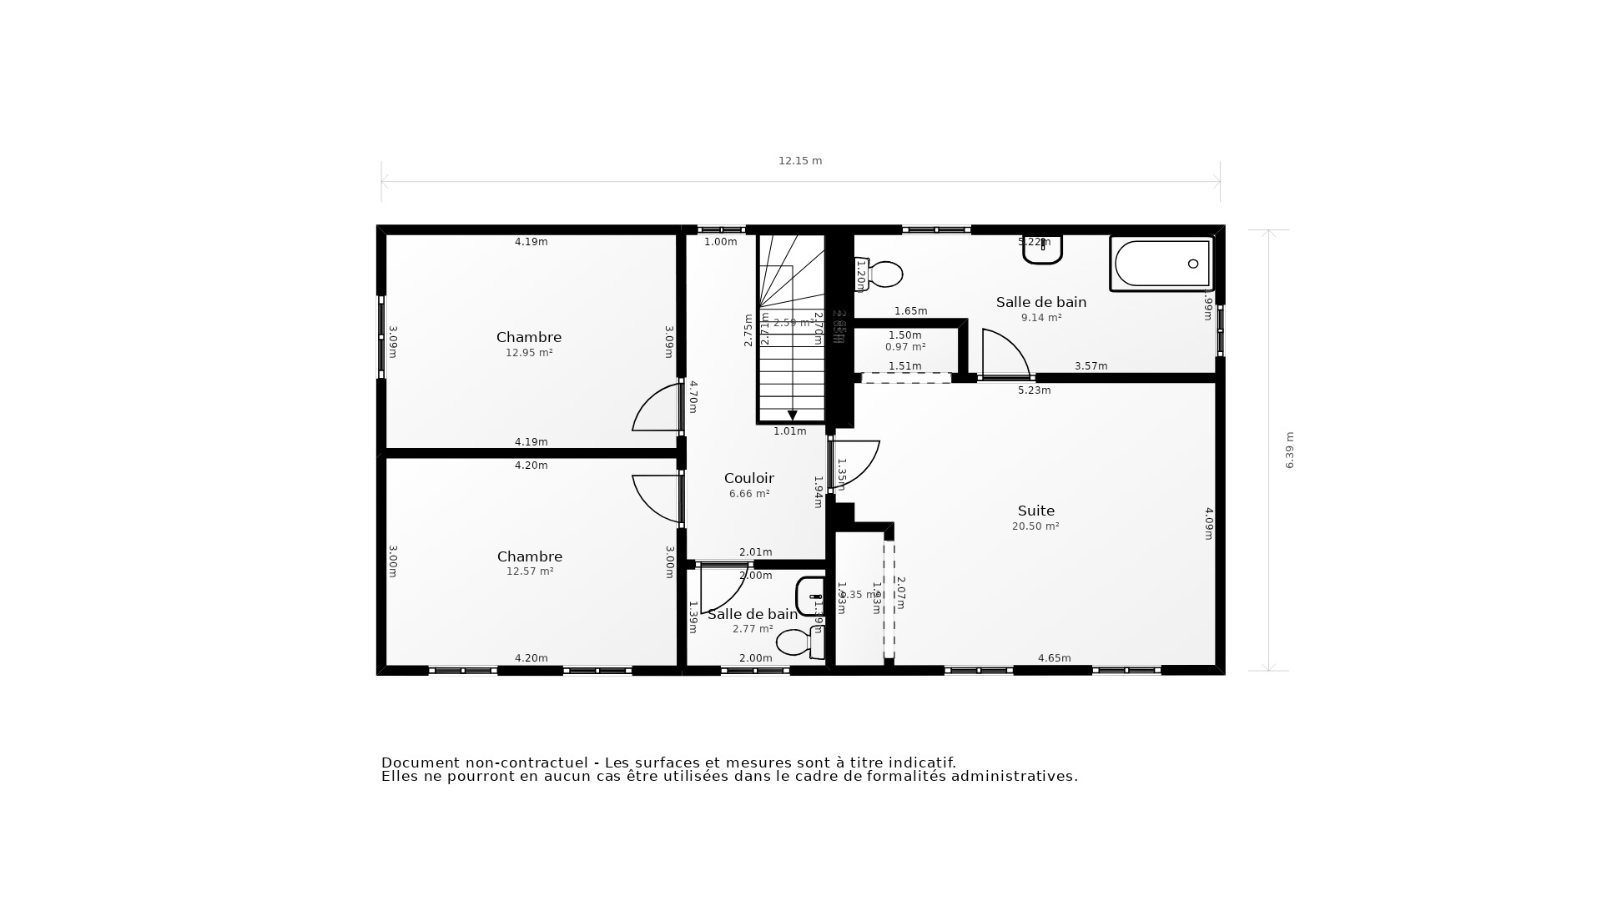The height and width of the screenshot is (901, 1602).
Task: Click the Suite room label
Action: coord(1035,511)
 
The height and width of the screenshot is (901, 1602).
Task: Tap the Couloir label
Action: coord(748,478)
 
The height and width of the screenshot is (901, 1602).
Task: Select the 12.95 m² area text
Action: coord(529,353)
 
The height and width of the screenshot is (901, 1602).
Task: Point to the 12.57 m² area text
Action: coord(530,571)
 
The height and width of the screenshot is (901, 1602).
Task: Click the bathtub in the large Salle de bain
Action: coord(1161,264)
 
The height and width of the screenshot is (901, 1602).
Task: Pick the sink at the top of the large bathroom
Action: coord(1042,249)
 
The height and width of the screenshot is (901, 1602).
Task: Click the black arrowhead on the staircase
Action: coord(792,415)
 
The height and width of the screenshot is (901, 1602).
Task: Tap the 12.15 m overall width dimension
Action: coord(800,161)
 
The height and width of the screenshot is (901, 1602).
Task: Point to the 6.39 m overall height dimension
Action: coord(1289,450)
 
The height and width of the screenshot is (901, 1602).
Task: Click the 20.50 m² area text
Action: coord(1035,526)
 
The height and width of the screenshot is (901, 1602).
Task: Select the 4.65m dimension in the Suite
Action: coord(1054,658)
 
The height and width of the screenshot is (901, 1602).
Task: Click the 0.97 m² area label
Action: coord(905,347)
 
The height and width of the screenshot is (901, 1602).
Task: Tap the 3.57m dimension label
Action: coord(1091,366)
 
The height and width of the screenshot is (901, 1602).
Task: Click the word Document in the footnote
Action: coord(420,763)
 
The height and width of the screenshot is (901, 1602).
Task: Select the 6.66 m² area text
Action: coord(749,494)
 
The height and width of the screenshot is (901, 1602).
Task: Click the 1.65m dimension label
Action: coord(910,311)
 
